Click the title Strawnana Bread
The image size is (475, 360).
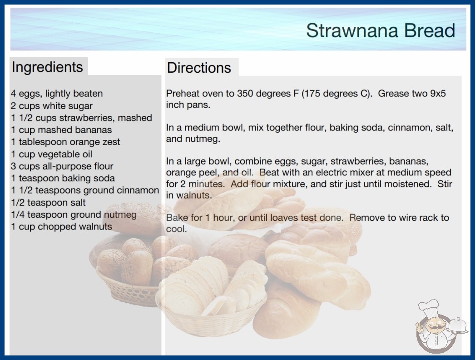point(381,30)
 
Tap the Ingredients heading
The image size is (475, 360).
point(47,67)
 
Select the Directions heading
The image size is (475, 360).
point(199,68)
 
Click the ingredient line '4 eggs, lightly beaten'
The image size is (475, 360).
point(57,94)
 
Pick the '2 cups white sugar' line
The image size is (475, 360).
point(52,106)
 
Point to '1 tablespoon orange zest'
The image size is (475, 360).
point(65,142)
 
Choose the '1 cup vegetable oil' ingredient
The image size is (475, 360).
point(51,154)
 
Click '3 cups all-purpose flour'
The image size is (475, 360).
point(62,166)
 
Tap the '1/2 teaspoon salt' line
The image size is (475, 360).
point(48,203)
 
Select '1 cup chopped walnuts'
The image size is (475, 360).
point(61,226)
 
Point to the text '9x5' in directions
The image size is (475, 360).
point(438,94)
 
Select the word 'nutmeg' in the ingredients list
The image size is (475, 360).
point(120,215)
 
